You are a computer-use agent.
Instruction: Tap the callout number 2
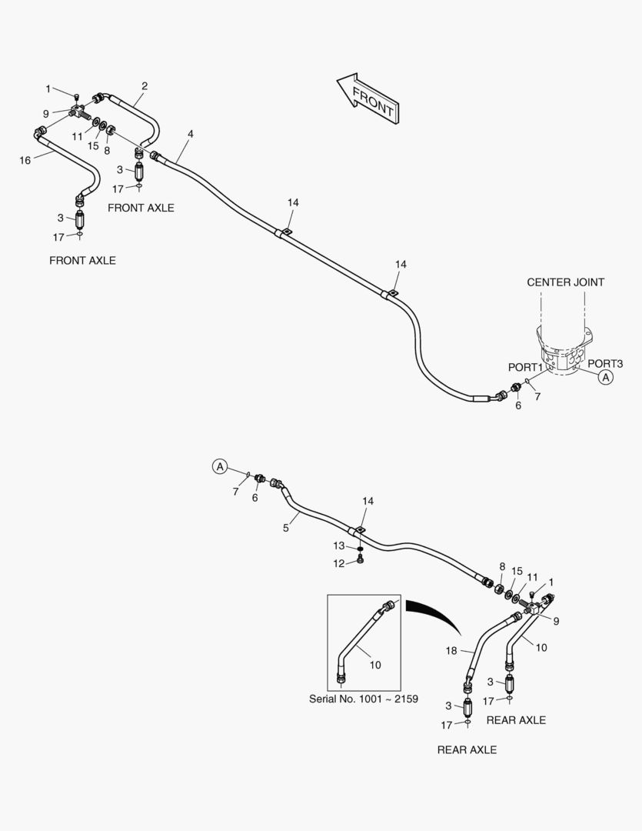click(x=144, y=85)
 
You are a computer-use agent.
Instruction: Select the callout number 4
click(x=190, y=134)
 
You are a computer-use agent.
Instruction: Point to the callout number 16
click(x=25, y=160)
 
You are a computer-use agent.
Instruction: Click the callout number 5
click(x=285, y=528)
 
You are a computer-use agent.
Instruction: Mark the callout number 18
click(x=452, y=650)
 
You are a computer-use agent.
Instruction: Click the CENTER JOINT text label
click(x=565, y=282)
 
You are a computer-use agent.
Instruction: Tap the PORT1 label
click(x=525, y=368)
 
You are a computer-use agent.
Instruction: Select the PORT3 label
click(x=605, y=363)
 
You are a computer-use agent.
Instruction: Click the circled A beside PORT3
click(x=605, y=377)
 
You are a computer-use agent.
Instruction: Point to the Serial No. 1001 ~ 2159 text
click(x=364, y=699)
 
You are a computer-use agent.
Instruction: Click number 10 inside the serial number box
click(x=375, y=665)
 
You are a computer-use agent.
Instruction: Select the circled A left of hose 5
click(x=220, y=466)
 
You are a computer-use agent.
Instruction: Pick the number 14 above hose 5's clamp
click(x=368, y=501)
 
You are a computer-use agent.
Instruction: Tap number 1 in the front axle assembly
click(x=48, y=88)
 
